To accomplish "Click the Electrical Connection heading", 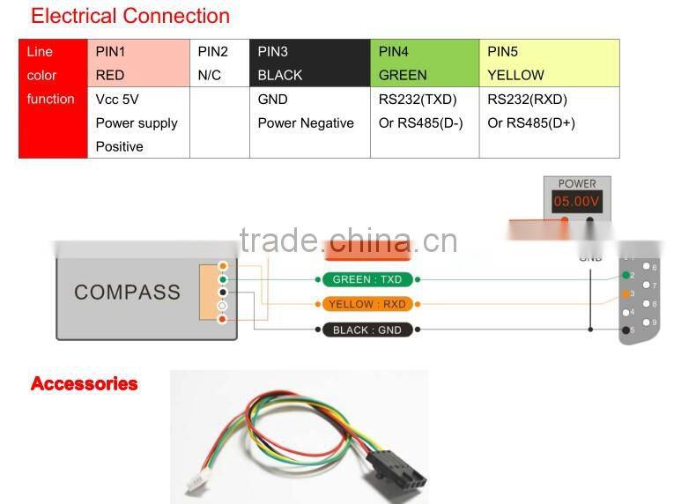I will [130, 16].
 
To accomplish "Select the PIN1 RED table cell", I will [138, 63].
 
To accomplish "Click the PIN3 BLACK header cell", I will [309, 63].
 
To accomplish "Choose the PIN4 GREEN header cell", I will [424, 63].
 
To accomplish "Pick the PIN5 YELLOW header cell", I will [548, 63].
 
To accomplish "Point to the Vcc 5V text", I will [119, 100].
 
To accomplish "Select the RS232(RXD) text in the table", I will [527, 100].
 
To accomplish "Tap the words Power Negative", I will [305, 123].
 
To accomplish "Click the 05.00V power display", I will [576, 202].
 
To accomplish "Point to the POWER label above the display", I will [577, 183].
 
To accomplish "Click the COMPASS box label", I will [127, 293].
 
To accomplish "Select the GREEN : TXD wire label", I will [367, 279].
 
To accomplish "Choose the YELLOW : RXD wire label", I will [367, 305].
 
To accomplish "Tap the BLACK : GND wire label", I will [367, 330].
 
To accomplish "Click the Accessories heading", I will [85, 383].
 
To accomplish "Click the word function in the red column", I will [51, 100].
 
